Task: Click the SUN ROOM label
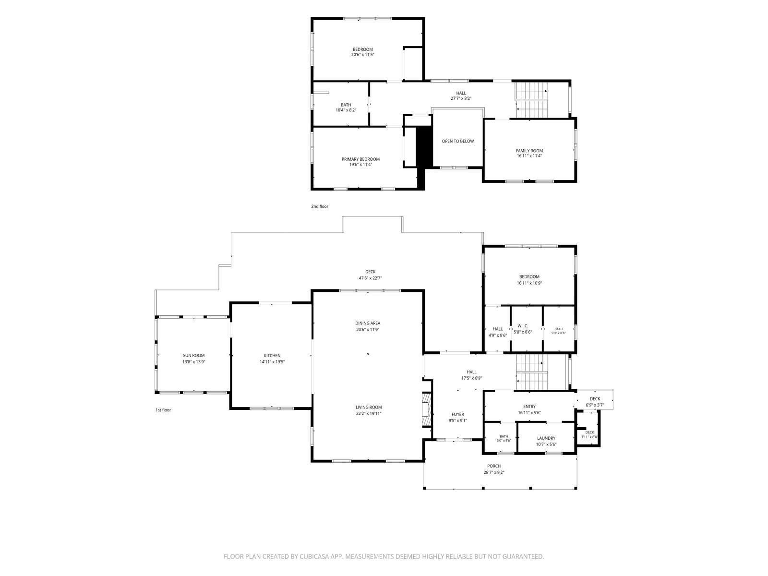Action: [193, 355]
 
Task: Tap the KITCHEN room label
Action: [272, 356]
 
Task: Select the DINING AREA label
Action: [367, 323]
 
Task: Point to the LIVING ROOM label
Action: [369, 407]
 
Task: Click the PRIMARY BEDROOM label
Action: [360, 159]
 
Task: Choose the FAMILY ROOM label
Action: [529, 151]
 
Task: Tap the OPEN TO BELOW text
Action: [457, 141]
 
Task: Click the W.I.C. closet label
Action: [523, 326]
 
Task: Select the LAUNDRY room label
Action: [546, 438]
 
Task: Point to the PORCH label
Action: [494, 466]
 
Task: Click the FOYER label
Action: [457, 414]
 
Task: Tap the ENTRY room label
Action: [529, 407]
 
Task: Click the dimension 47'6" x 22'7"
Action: [370, 278]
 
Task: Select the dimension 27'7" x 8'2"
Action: [461, 98]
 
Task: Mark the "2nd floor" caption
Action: [320, 206]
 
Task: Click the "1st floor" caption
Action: [163, 410]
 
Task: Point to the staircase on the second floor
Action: [531, 100]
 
